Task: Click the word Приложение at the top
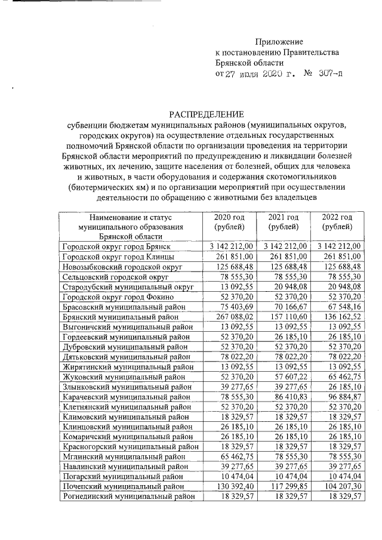coord(279,42)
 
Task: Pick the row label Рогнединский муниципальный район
coord(128,496)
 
